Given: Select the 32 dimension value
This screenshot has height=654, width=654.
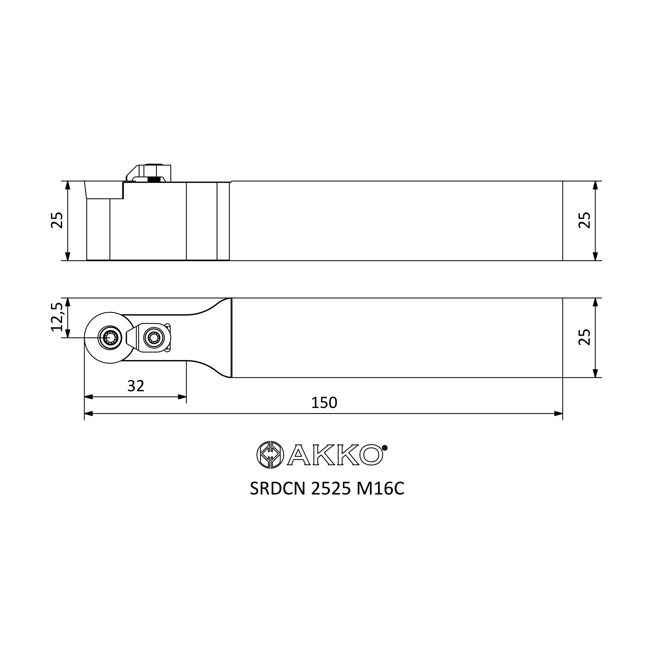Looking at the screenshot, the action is point(136,386).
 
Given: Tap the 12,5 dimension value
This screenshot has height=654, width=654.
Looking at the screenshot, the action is point(57,317).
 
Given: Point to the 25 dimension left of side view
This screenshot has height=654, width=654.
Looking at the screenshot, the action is point(57,220).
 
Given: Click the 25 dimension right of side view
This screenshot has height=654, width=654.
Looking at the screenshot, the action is point(585,220).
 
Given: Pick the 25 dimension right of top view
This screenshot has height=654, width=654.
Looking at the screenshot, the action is point(585,337).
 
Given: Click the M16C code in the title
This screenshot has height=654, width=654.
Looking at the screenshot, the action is point(380,489).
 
